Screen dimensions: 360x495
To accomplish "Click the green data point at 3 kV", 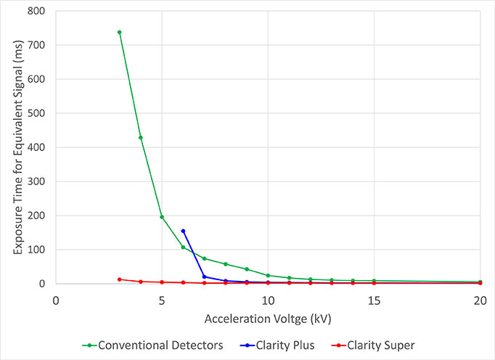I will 119,32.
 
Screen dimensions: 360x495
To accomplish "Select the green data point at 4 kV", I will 141,137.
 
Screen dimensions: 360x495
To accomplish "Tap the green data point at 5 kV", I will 162,216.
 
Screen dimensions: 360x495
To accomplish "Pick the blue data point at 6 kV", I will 183,231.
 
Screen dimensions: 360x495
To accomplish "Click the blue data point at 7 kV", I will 204,277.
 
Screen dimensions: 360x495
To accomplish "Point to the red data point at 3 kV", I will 119,279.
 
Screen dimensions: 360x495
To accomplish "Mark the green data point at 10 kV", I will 268,275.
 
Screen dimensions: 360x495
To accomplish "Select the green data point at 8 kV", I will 226,264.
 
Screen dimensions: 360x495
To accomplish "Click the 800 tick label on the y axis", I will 36,11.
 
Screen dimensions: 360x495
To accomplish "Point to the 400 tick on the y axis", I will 36,147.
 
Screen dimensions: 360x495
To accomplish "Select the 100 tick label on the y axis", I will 36,250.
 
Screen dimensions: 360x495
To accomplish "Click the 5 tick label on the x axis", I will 162,297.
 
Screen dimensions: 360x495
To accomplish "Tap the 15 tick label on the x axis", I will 374,297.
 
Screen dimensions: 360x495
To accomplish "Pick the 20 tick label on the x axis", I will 480,297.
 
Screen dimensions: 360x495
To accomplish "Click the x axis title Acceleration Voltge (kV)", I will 267,319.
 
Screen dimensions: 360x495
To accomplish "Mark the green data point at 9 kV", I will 247,269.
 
